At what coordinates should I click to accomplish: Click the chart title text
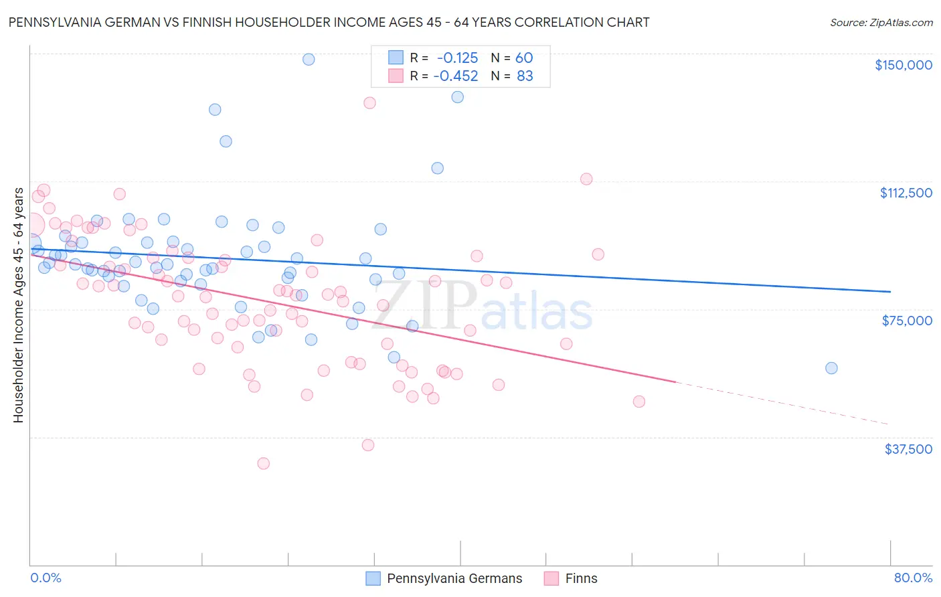329,22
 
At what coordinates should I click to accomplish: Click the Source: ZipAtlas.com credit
881,22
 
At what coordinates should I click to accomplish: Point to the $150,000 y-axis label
903,65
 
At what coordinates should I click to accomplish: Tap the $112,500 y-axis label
906,193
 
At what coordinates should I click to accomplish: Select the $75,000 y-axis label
907,321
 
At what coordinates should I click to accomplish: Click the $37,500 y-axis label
908,449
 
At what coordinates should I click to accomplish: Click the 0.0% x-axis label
46,578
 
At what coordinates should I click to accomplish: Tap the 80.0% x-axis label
913,578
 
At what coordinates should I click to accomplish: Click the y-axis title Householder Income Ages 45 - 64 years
18,305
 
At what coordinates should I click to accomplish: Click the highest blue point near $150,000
309,59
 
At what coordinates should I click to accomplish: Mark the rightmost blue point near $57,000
831,368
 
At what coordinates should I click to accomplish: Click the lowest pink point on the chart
264,463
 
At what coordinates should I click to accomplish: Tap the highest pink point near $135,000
369,103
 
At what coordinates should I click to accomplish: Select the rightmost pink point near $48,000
639,402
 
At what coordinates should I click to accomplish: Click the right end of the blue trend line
889,292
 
